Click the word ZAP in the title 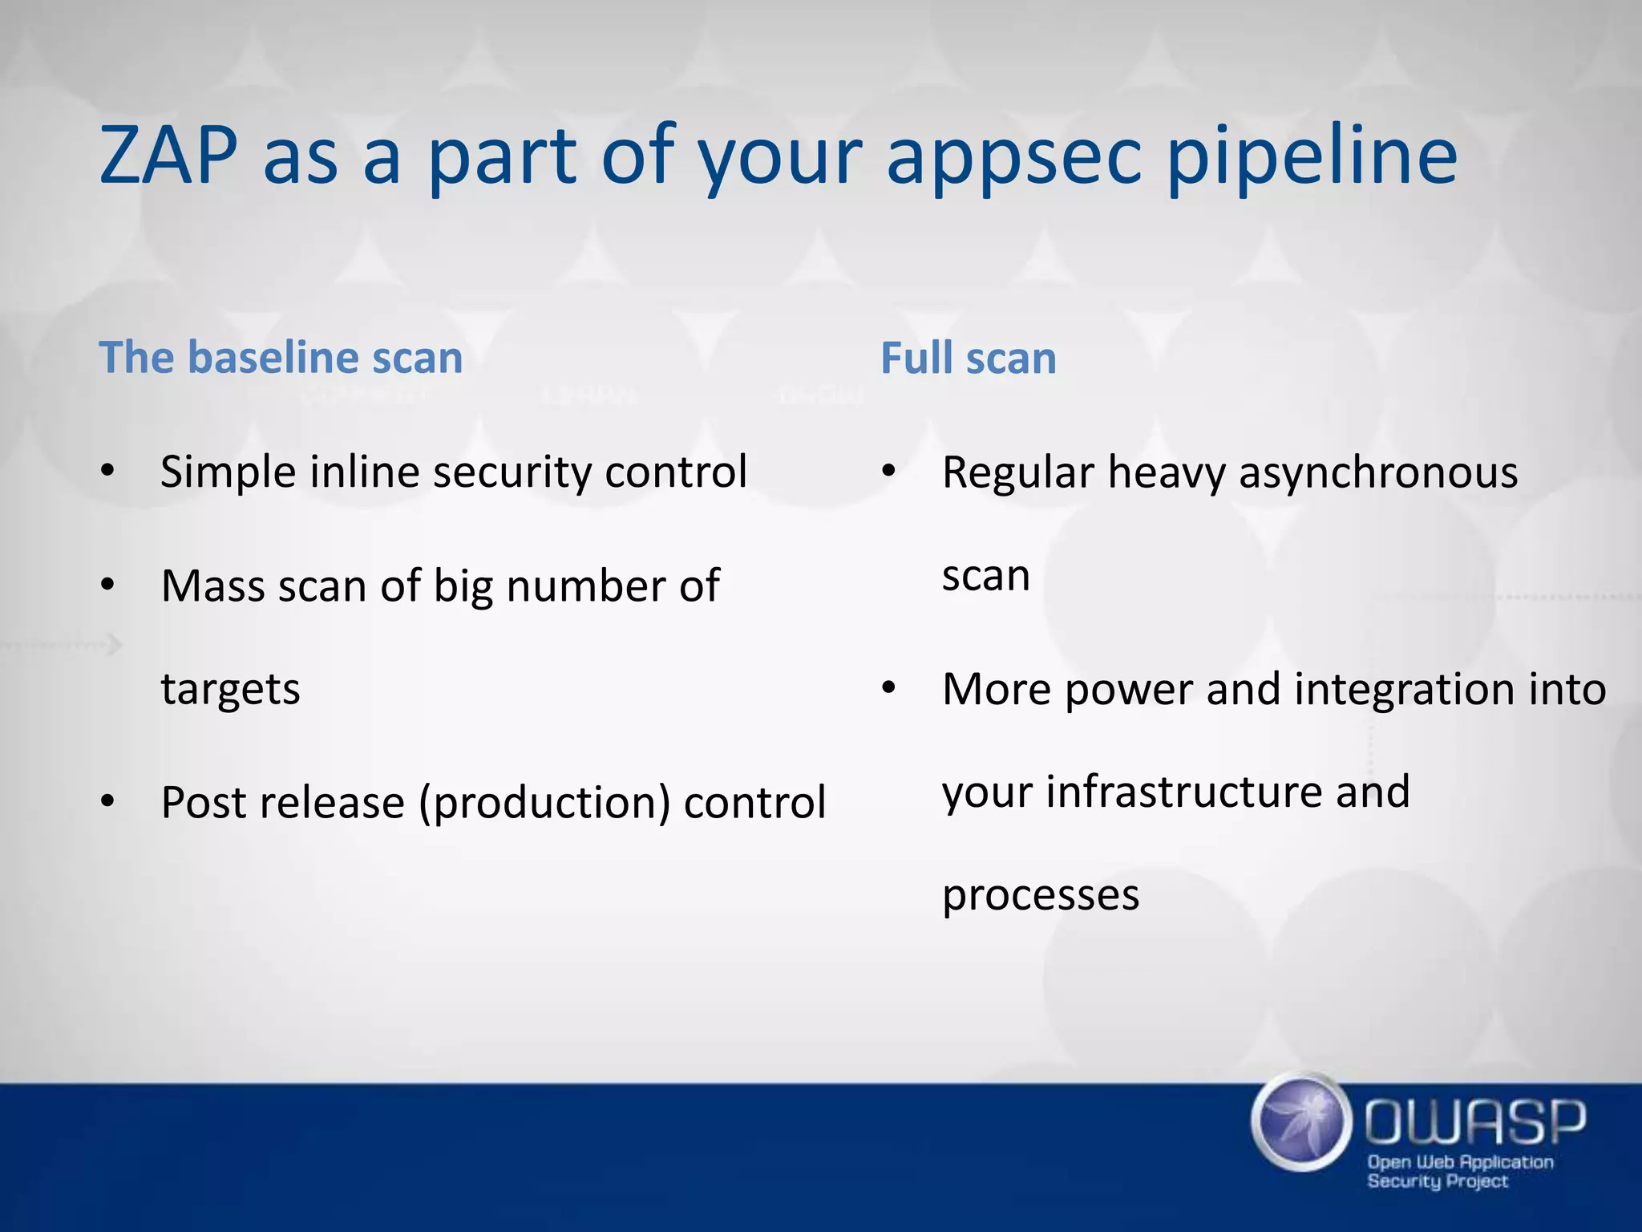pos(168,156)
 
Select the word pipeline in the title pos(1311,156)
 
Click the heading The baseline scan pos(281,358)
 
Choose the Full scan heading pos(968,359)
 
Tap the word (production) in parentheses pos(544,803)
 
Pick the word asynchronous pos(1378,472)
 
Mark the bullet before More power pos(888,689)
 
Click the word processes pos(1040,895)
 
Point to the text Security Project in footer pos(1438,1181)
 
